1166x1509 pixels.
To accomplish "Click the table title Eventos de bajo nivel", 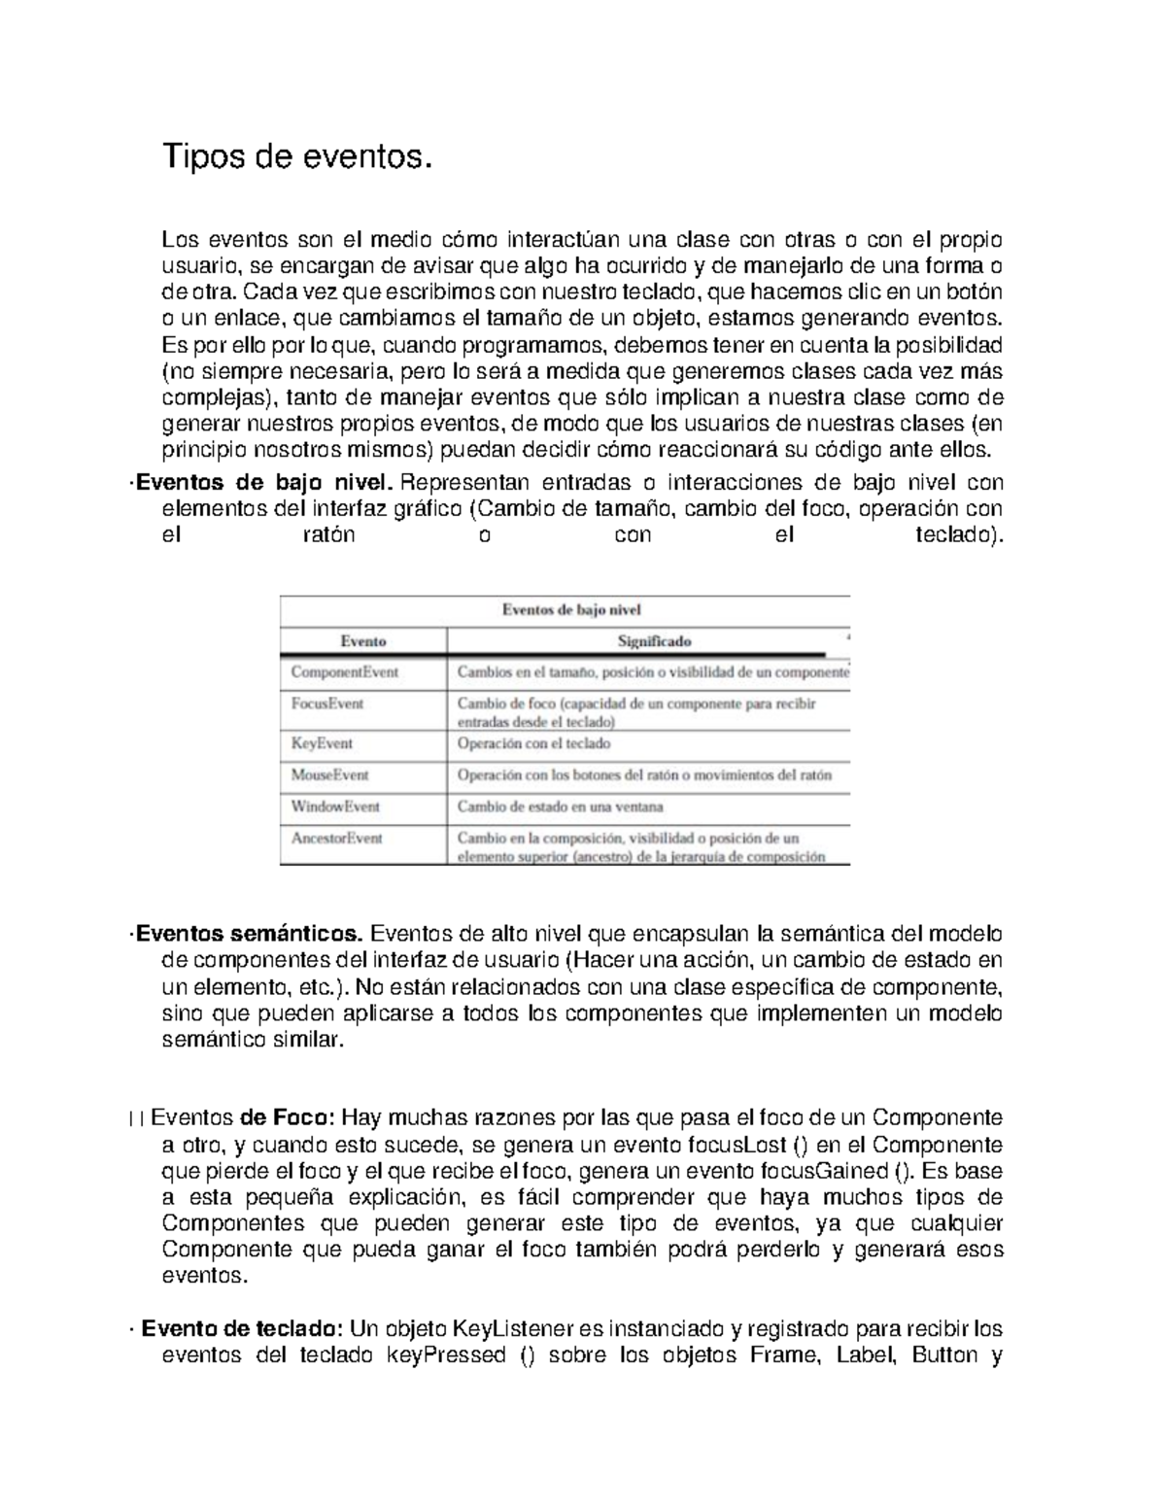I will [x=570, y=610].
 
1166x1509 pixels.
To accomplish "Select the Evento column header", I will [x=363, y=641].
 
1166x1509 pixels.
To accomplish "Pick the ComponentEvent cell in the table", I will [x=344, y=671].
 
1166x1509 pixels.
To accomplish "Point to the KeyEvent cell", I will [x=322, y=743].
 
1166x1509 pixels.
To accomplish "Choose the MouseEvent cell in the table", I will [x=329, y=774].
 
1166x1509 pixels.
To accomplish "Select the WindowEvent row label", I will [x=335, y=806].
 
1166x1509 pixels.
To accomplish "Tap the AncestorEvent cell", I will [x=337, y=838].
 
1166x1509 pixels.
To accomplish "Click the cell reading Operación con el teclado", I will [x=533, y=743].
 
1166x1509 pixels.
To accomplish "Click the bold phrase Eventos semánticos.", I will [x=250, y=935].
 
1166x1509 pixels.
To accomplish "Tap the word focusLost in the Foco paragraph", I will [x=712, y=1144].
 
